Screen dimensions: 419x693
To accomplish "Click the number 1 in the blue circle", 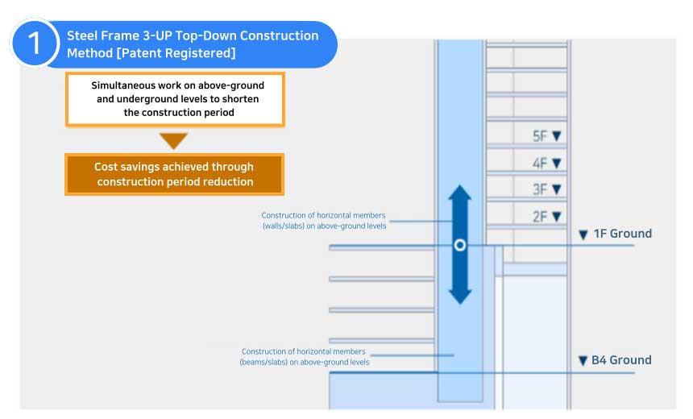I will coord(35,43).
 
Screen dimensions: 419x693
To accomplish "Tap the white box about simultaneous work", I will coord(175,99).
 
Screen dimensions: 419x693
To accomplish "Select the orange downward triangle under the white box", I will coord(173,141).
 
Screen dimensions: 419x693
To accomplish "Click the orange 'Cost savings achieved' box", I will coord(173,174).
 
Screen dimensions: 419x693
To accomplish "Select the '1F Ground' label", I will coord(622,234).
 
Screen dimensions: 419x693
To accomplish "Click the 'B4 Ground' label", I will coord(621,360).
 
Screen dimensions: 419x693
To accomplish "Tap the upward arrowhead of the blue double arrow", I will coord(459,196).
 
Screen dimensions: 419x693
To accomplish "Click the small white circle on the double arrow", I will coord(459,244).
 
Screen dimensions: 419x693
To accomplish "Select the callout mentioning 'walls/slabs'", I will coord(323,221).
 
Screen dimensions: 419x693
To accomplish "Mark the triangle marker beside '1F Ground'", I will coord(583,234).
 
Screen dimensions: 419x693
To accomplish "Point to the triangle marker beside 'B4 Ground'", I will coord(583,361).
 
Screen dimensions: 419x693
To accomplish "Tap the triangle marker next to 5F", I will coord(556,136).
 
